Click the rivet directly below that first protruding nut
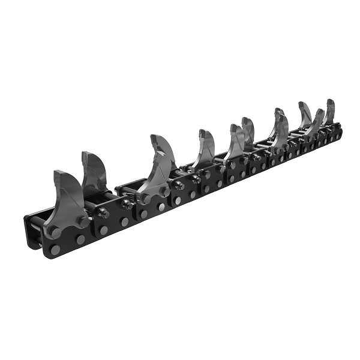104,230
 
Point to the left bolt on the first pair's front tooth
145,198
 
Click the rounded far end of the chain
339,128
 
